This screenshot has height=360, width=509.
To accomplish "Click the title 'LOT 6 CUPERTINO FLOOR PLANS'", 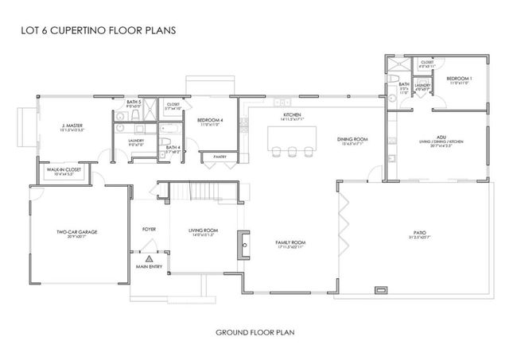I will pyautogui.click(x=95, y=33).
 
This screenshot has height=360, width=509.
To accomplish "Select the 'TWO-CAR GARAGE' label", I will pyautogui.click(x=77, y=231).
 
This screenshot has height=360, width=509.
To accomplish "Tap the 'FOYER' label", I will pyautogui.click(x=149, y=229).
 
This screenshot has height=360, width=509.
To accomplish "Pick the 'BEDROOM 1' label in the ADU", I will pyautogui.click(x=460, y=78).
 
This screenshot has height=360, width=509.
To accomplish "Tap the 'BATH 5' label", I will pyautogui.click(x=134, y=102).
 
